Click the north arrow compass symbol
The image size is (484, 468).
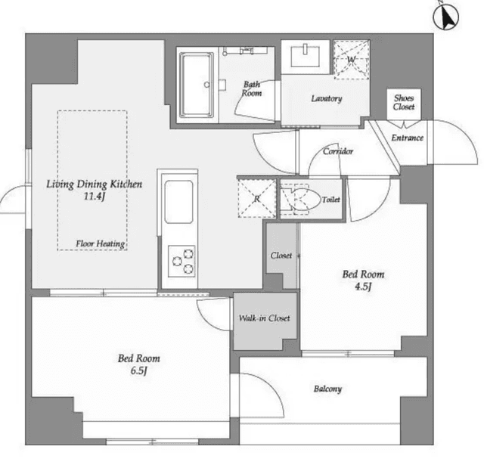tap(445, 17)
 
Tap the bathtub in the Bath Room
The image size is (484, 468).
tap(197, 85)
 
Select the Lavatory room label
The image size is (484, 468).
tap(327, 98)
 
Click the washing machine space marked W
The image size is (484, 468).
tap(351, 59)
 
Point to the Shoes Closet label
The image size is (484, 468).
tap(404, 102)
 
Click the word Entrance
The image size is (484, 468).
tap(407, 138)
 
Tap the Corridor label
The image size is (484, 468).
tap(338, 151)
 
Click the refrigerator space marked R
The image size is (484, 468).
tap(257, 199)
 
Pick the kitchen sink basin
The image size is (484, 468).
tap(178, 202)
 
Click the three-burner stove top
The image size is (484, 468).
tap(181, 262)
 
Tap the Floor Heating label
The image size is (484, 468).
tap(101, 243)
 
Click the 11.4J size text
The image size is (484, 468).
tap(95, 197)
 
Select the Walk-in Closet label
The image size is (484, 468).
tap(264, 318)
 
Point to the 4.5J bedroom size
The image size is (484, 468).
tap(363, 287)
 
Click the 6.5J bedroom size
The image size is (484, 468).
tap(138, 370)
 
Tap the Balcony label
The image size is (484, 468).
tap(327, 389)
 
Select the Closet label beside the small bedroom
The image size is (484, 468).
tap(281, 256)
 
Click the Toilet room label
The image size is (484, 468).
tap(331, 200)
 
